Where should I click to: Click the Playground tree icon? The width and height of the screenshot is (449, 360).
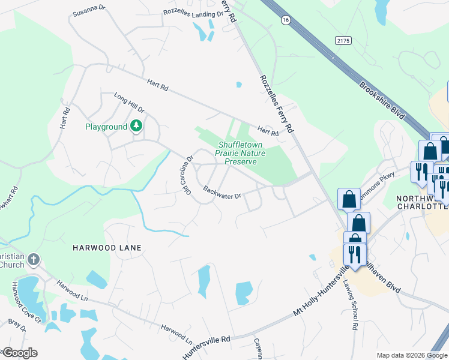[137, 126]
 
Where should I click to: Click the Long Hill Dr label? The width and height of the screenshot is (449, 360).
[129, 102]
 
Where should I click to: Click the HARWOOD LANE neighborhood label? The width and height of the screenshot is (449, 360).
[107, 247]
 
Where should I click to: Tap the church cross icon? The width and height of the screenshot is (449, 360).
[34, 260]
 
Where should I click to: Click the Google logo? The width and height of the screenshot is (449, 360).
[19, 353]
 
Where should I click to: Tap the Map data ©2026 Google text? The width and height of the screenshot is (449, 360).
[412, 355]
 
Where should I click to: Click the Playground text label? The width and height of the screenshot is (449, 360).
[106, 127]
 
